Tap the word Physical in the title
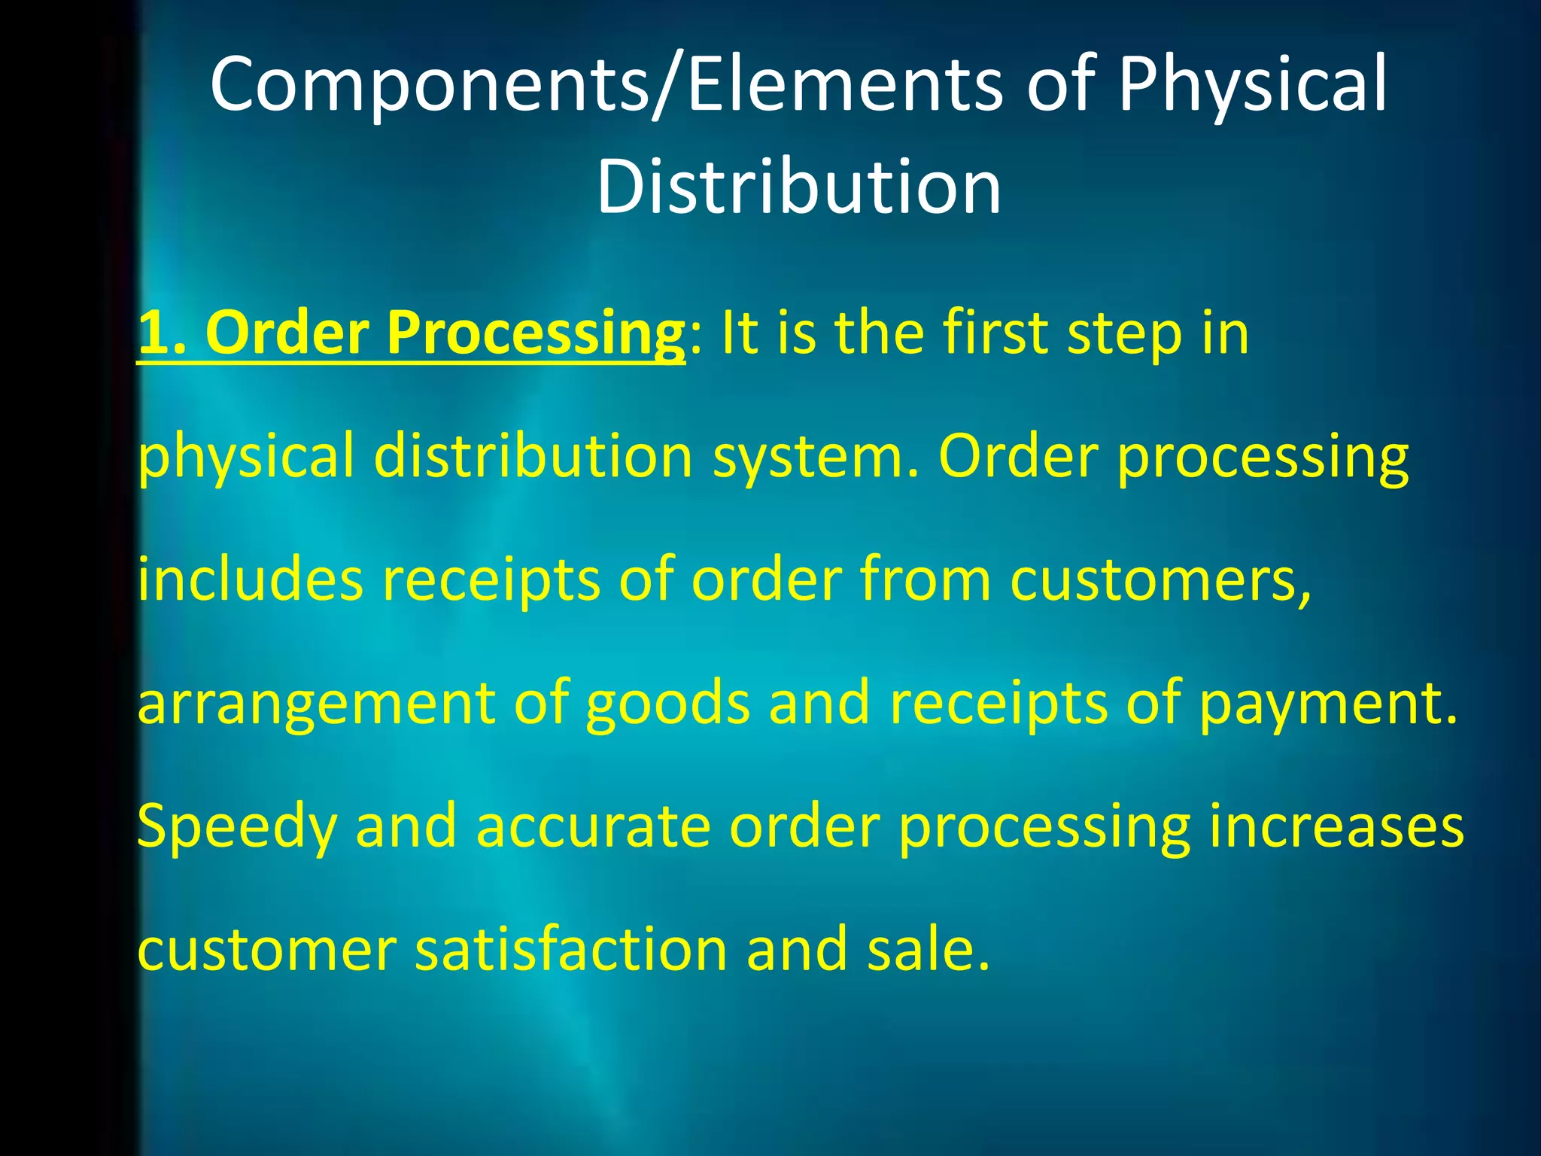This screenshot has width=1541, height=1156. pos(1252,84)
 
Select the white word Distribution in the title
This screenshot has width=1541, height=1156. pos(799,187)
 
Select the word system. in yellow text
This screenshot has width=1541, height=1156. pos(816,456)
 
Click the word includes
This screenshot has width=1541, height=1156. pos(250,580)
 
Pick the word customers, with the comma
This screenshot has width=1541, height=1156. pos(1161,580)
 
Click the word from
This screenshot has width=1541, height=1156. pos(926,580)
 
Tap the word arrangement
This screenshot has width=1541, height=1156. pos(317,703)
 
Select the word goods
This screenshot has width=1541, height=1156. pos(667,703)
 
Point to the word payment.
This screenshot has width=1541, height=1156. pos(1328,703)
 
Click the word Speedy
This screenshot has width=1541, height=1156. pos(236,826)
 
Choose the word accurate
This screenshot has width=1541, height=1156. pos(593,826)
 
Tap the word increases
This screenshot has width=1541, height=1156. pos(1336,826)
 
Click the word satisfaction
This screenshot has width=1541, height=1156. pos(570,950)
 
